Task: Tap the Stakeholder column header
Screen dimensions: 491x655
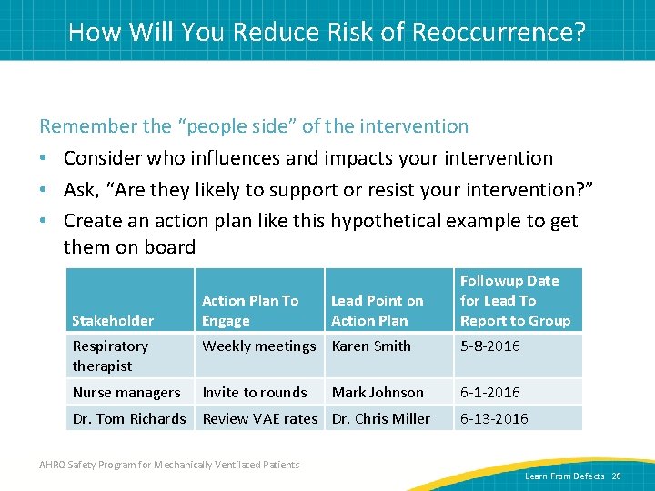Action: pyautogui.click(x=113, y=320)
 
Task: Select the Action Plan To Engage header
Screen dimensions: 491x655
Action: pyautogui.click(x=250, y=310)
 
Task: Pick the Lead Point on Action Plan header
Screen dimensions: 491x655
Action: pyautogui.click(x=377, y=310)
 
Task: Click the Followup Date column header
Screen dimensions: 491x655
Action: pyautogui.click(x=515, y=300)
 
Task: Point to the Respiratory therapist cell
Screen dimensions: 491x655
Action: pyautogui.click(x=110, y=356)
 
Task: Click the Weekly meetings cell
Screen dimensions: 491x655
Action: pyautogui.click(x=259, y=346)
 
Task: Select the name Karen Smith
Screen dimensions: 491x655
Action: pyautogui.click(x=371, y=346)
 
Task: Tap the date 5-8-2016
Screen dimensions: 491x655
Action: pyautogui.click(x=490, y=346)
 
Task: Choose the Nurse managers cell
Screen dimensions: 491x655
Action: pyautogui.click(x=126, y=392)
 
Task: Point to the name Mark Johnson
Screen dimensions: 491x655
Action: pyautogui.click(x=378, y=392)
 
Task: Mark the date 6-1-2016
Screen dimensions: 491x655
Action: pyautogui.click(x=490, y=392)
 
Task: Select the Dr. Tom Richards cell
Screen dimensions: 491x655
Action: pyautogui.click(x=129, y=418)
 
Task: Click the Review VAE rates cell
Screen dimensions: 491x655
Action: pyautogui.click(x=260, y=418)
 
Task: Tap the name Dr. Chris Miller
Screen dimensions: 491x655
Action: pyautogui.click(x=381, y=418)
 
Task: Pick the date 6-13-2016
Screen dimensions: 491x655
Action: pyautogui.click(x=494, y=418)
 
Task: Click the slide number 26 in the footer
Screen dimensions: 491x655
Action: pyautogui.click(x=616, y=476)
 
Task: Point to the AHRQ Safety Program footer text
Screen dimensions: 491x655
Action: pyautogui.click(x=168, y=465)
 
